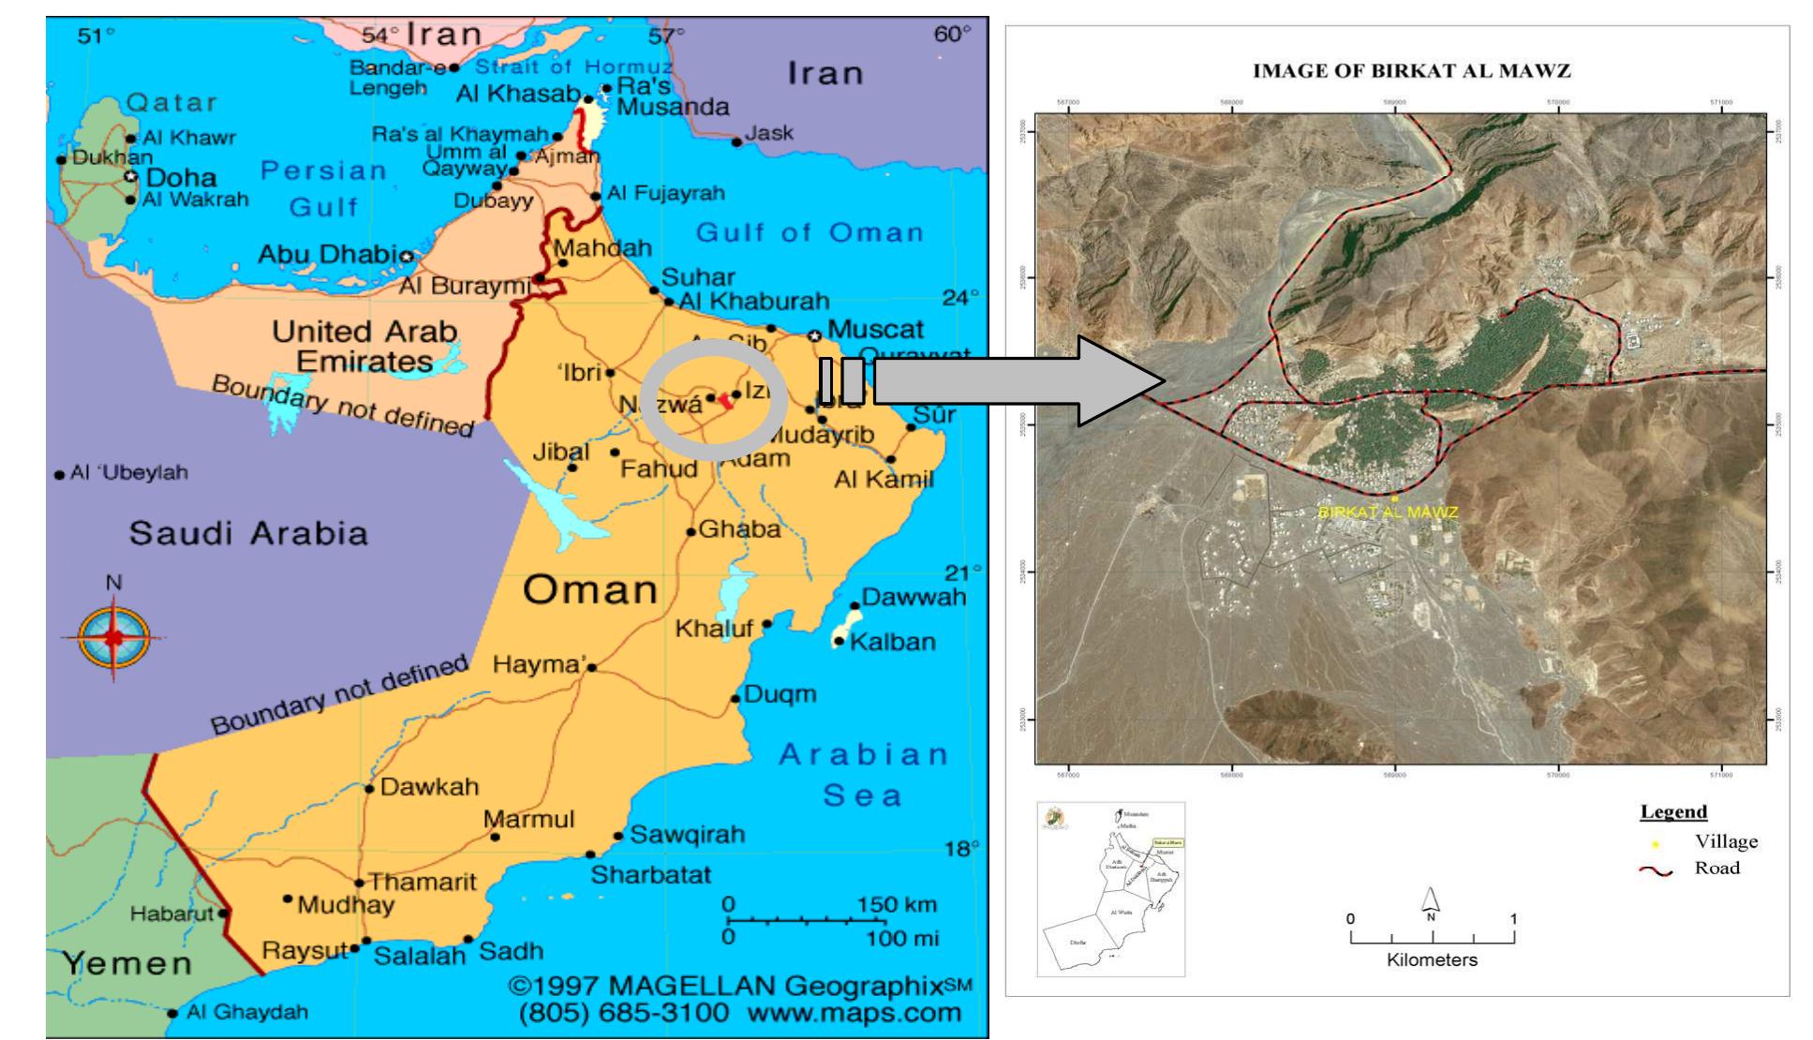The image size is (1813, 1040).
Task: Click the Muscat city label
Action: [875, 330]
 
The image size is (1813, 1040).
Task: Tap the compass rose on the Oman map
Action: [113, 637]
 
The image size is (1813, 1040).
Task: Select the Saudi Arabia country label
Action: [248, 533]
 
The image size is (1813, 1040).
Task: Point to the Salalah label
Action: [419, 956]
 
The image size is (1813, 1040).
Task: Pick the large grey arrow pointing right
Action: [1021, 381]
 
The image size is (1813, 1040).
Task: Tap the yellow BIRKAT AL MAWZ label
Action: [1388, 513]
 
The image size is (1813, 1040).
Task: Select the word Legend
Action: [1673, 811]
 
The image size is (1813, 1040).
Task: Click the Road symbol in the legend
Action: [1656, 870]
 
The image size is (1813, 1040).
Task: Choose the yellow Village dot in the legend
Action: [1656, 843]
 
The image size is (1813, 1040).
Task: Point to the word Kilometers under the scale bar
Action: [1432, 960]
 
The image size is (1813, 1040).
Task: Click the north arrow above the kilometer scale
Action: [1431, 901]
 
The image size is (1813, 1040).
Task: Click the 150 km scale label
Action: [897, 905]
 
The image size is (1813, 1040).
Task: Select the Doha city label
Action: [181, 177]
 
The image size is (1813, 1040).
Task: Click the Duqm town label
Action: [780, 694]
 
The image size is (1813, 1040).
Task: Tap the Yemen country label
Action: [127, 963]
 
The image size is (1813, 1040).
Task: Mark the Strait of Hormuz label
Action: [573, 67]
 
